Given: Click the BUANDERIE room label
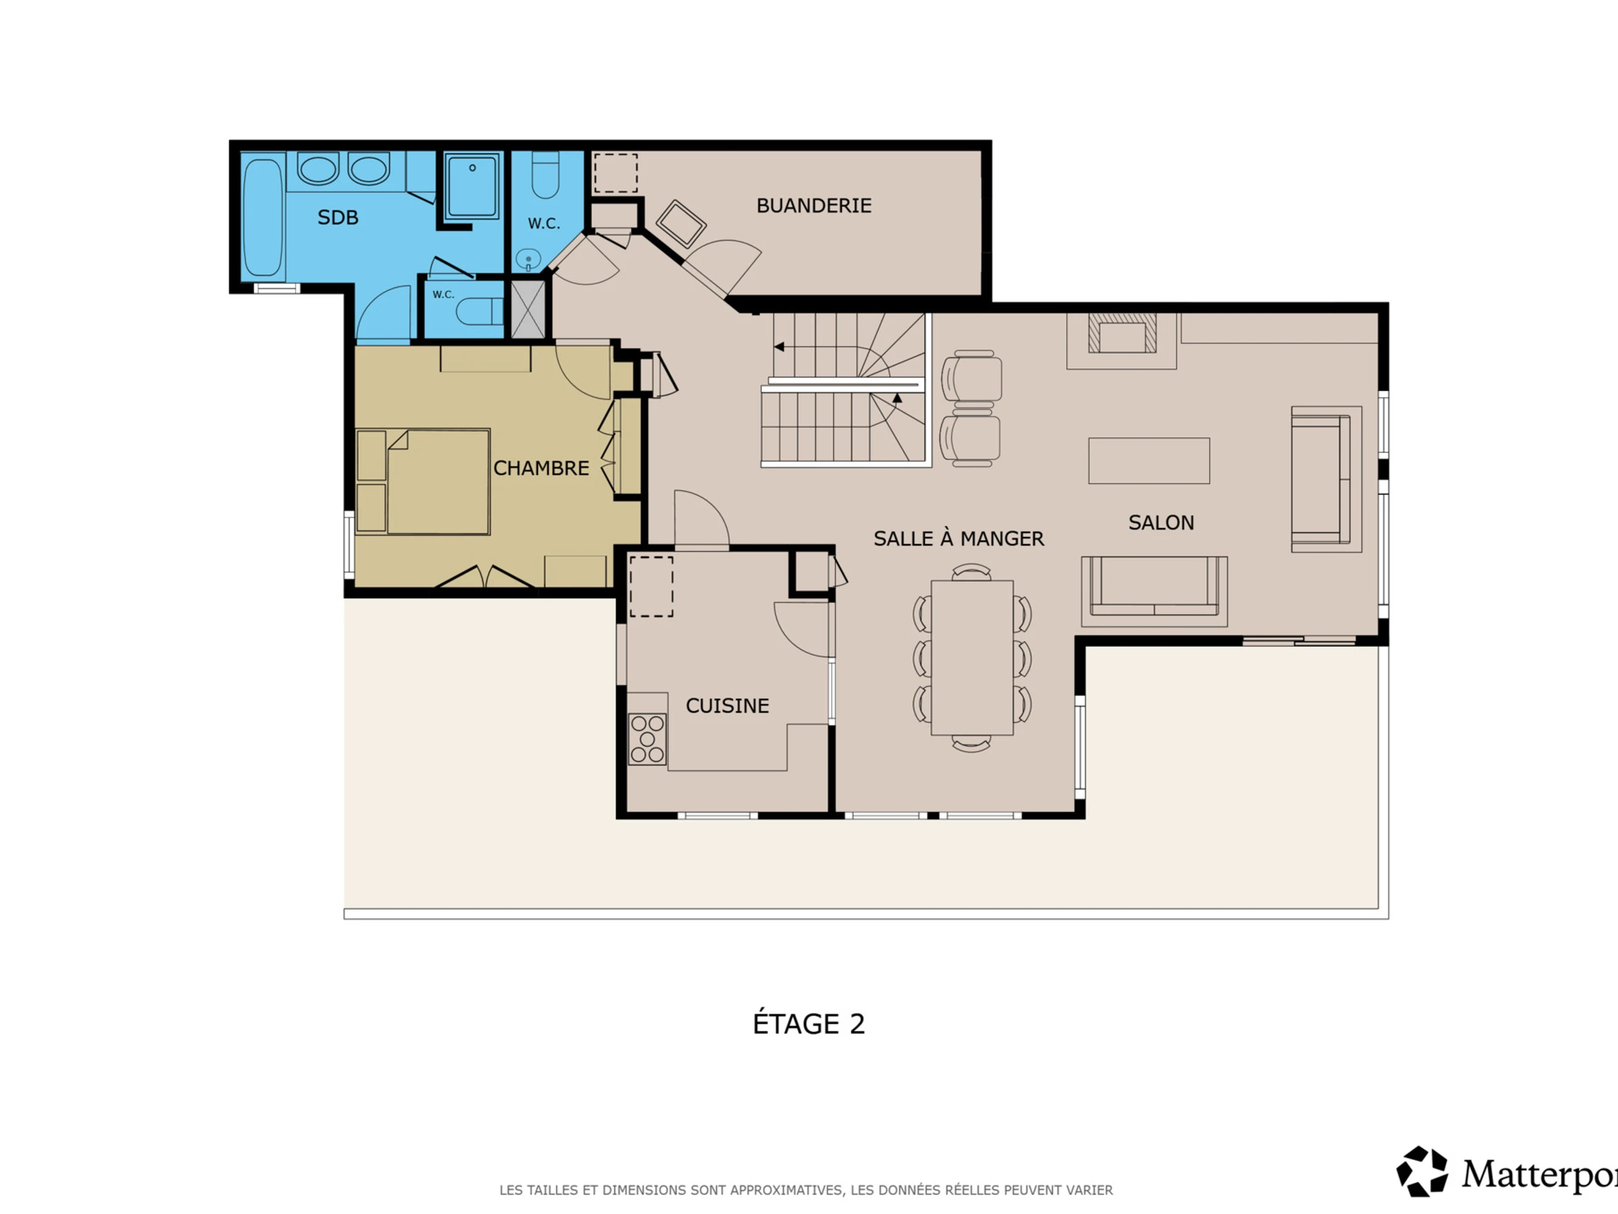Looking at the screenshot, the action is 814,206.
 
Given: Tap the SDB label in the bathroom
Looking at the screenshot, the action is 338,217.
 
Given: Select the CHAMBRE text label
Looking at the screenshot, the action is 541,468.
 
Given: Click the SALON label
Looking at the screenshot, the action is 1161,523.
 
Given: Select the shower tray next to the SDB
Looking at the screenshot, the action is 473,186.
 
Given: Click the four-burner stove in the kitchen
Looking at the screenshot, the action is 647,739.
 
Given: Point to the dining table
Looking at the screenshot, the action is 972,657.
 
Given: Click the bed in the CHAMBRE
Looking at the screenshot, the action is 438,482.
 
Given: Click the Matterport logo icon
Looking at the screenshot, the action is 1422,1172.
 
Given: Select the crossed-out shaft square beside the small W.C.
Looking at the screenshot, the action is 527,309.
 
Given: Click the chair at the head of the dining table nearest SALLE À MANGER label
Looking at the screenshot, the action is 971,571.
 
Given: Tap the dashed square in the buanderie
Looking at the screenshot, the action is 615,173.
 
